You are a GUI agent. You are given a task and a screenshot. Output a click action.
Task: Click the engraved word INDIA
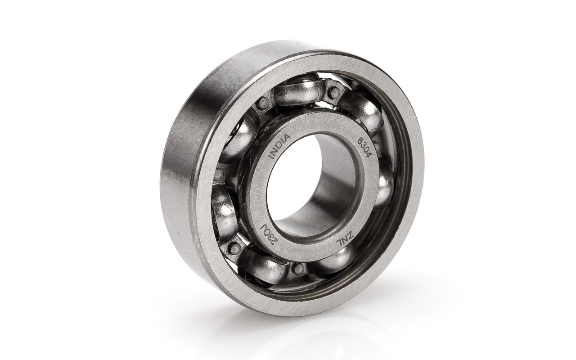click(279, 147)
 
